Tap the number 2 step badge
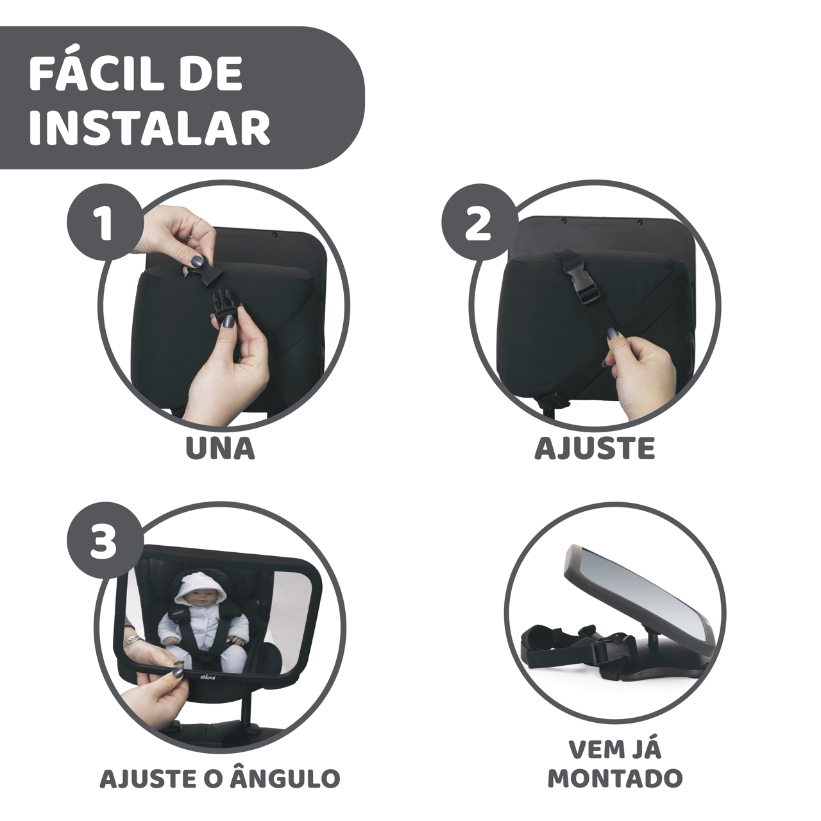pyautogui.click(x=478, y=224)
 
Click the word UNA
pyautogui.click(x=221, y=449)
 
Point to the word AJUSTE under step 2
pyautogui.click(x=595, y=449)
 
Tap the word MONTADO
pyautogui.click(x=614, y=779)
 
